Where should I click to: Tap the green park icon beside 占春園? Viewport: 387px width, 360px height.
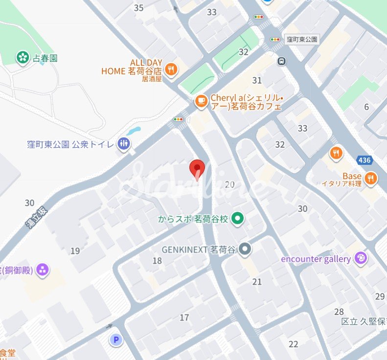(x=22, y=58)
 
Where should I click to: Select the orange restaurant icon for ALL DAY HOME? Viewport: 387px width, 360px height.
(x=171, y=69)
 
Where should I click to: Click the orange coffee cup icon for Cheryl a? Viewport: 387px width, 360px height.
(x=201, y=101)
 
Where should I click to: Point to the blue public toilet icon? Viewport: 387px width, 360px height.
(x=124, y=144)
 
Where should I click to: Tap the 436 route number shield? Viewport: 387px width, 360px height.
(x=364, y=159)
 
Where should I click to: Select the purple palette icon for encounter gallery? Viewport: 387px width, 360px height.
(x=361, y=259)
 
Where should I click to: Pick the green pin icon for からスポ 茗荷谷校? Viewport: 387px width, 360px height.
(x=238, y=219)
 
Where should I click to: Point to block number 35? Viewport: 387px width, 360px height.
(x=138, y=7)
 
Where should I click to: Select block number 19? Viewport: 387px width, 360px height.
(x=75, y=251)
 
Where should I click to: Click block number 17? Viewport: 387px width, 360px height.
(x=184, y=318)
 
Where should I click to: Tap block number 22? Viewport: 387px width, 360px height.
(x=293, y=344)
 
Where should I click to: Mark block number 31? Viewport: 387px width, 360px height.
(x=257, y=80)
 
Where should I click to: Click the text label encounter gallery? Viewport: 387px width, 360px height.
(x=316, y=259)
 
